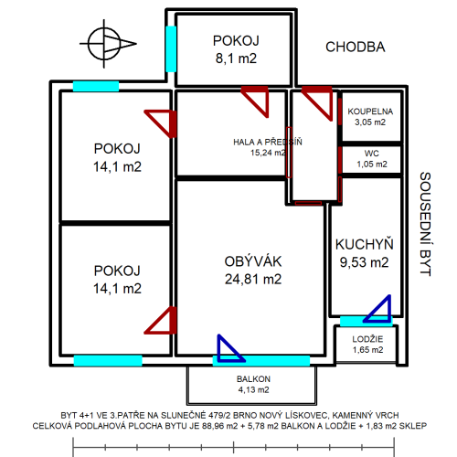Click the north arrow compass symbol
(x=104, y=44)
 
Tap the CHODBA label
(x=356, y=47)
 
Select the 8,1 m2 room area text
(x=236, y=58)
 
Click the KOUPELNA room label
(x=370, y=112)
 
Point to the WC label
(x=372, y=154)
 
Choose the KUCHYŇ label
(x=365, y=244)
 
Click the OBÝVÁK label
(x=253, y=261)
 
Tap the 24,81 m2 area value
(x=253, y=279)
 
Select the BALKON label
(x=253, y=379)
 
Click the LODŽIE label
(x=367, y=339)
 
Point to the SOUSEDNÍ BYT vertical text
(x=425, y=224)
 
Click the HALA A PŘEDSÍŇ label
(x=268, y=142)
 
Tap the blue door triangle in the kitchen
(x=377, y=309)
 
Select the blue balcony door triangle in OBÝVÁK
(x=230, y=348)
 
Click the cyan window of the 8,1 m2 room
(x=171, y=49)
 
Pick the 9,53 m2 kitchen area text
(x=365, y=262)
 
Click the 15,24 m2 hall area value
(x=268, y=153)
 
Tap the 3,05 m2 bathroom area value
(x=370, y=122)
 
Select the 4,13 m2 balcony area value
(x=253, y=389)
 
